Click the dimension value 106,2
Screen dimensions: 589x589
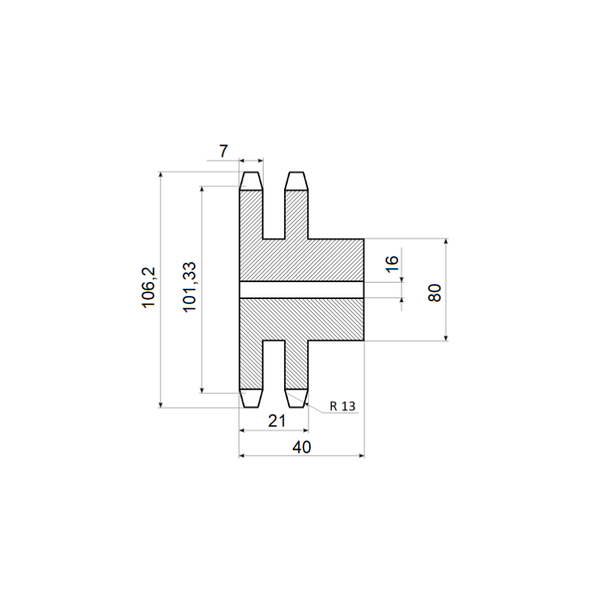[149, 287]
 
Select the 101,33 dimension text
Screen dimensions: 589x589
[189, 286]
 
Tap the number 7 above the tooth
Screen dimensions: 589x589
[224, 152]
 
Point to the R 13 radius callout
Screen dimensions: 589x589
[342, 406]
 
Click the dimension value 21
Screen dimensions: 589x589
[277, 421]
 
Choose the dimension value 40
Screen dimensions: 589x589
[302, 448]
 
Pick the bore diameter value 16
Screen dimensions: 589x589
[392, 264]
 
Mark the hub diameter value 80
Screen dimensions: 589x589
[434, 292]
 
